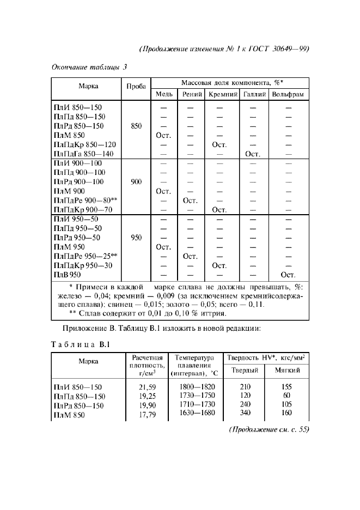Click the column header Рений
pyautogui.click(x=189, y=94)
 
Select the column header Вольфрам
pyautogui.click(x=289, y=94)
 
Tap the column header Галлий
pyautogui.click(x=253, y=94)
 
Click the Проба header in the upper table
pyautogui.click(x=136, y=87)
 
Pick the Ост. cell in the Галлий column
pyautogui.click(x=253, y=154)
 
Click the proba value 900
pyautogui.click(x=136, y=182)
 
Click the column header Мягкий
pyautogui.click(x=286, y=371)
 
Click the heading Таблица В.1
pyautogui.click(x=81, y=344)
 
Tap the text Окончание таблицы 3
pyautogui.click(x=89, y=68)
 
